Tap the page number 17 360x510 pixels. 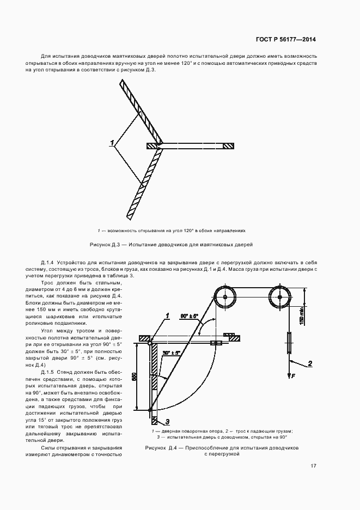point(313,466)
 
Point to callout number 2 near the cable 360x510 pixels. point(309,363)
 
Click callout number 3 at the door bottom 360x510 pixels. point(168,421)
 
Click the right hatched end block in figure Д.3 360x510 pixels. point(229,146)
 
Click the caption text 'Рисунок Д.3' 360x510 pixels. point(111,245)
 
